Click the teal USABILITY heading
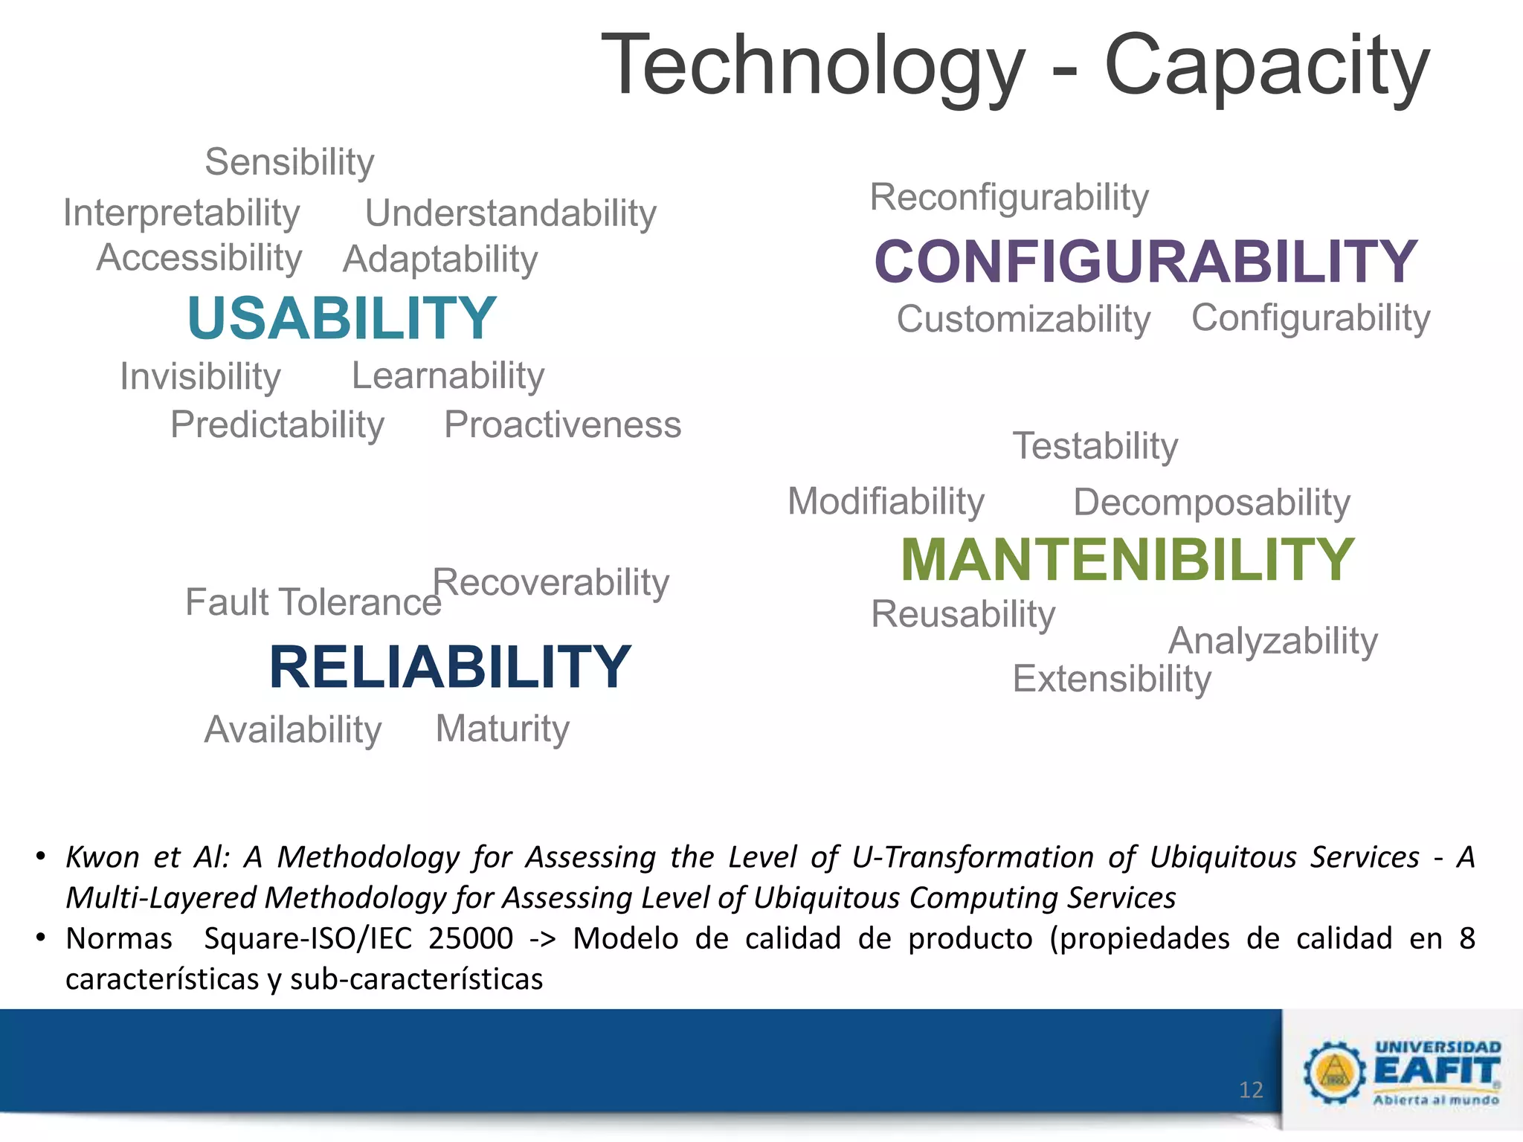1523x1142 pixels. (341, 318)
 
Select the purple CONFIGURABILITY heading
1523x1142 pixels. (1145, 262)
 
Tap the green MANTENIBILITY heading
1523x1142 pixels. (1127, 560)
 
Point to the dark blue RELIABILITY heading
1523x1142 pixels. (450, 667)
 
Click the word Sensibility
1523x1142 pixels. (289, 162)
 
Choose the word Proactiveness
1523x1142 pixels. (562, 425)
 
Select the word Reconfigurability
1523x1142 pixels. (1009, 198)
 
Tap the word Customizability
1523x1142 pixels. (1023, 320)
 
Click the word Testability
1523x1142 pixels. (1095, 446)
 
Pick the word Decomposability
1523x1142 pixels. (1211, 503)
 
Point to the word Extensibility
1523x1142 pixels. (1112, 679)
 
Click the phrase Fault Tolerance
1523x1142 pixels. (313, 602)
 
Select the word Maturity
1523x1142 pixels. (502, 729)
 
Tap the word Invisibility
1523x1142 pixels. (201, 377)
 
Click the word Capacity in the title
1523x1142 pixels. (1266, 67)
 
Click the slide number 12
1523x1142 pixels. (1251, 1090)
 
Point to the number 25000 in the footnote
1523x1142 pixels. (471, 938)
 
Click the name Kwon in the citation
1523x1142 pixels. (103, 857)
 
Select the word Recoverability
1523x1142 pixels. (551, 582)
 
